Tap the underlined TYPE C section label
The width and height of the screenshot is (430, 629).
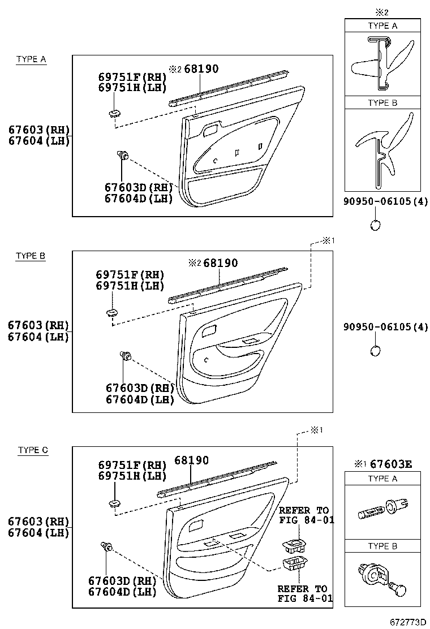coord(33,450)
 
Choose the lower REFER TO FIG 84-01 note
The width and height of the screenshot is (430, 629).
coord(302,593)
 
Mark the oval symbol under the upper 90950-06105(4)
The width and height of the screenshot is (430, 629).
coord(375,225)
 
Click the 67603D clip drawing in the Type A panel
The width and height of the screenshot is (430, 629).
coord(122,154)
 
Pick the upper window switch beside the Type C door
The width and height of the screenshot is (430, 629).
coord(294,546)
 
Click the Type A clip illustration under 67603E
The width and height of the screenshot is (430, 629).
coord(382,510)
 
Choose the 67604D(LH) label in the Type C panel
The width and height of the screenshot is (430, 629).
coord(122,592)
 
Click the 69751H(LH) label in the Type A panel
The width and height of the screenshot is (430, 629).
coord(132,87)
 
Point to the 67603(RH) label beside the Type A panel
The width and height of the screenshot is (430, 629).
coord(38,130)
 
